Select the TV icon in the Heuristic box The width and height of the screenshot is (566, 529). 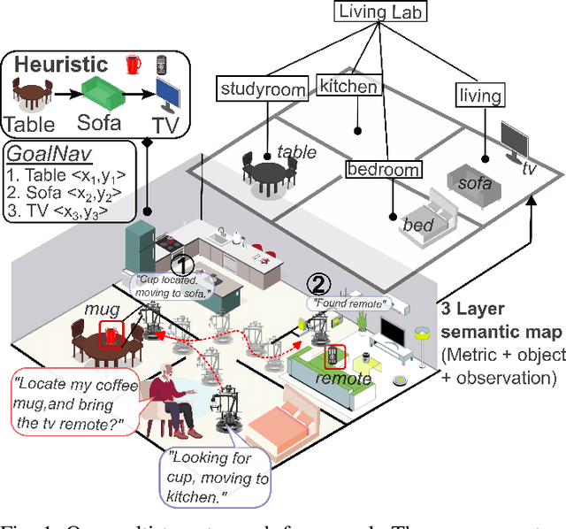coord(172,93)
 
